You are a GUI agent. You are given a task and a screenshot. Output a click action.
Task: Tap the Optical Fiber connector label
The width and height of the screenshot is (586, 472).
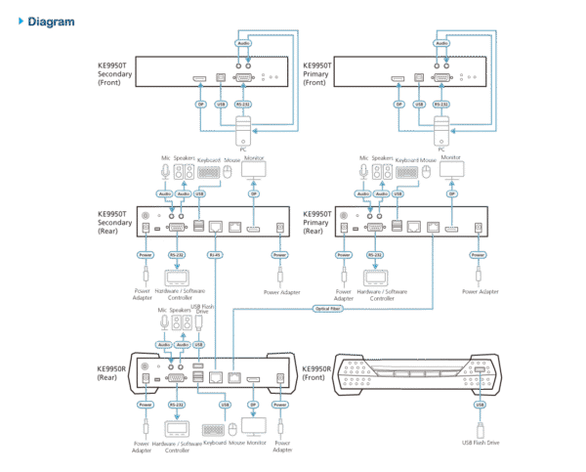(327, 309)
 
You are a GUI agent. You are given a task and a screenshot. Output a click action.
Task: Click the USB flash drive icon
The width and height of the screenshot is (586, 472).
(479, 429)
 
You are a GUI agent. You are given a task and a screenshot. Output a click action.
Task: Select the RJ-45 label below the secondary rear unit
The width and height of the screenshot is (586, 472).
(216, 257)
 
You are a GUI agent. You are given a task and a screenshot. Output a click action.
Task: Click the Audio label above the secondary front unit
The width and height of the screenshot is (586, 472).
(243, 43)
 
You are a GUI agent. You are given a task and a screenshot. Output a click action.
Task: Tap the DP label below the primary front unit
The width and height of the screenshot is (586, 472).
(398, 104)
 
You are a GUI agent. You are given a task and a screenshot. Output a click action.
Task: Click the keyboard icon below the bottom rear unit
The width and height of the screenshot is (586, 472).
(212, 429)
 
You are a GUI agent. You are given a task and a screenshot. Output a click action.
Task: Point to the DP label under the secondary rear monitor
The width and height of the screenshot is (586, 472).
(253, 193)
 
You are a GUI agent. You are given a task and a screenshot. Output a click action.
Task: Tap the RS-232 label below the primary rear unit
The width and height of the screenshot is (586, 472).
(374, 256)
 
